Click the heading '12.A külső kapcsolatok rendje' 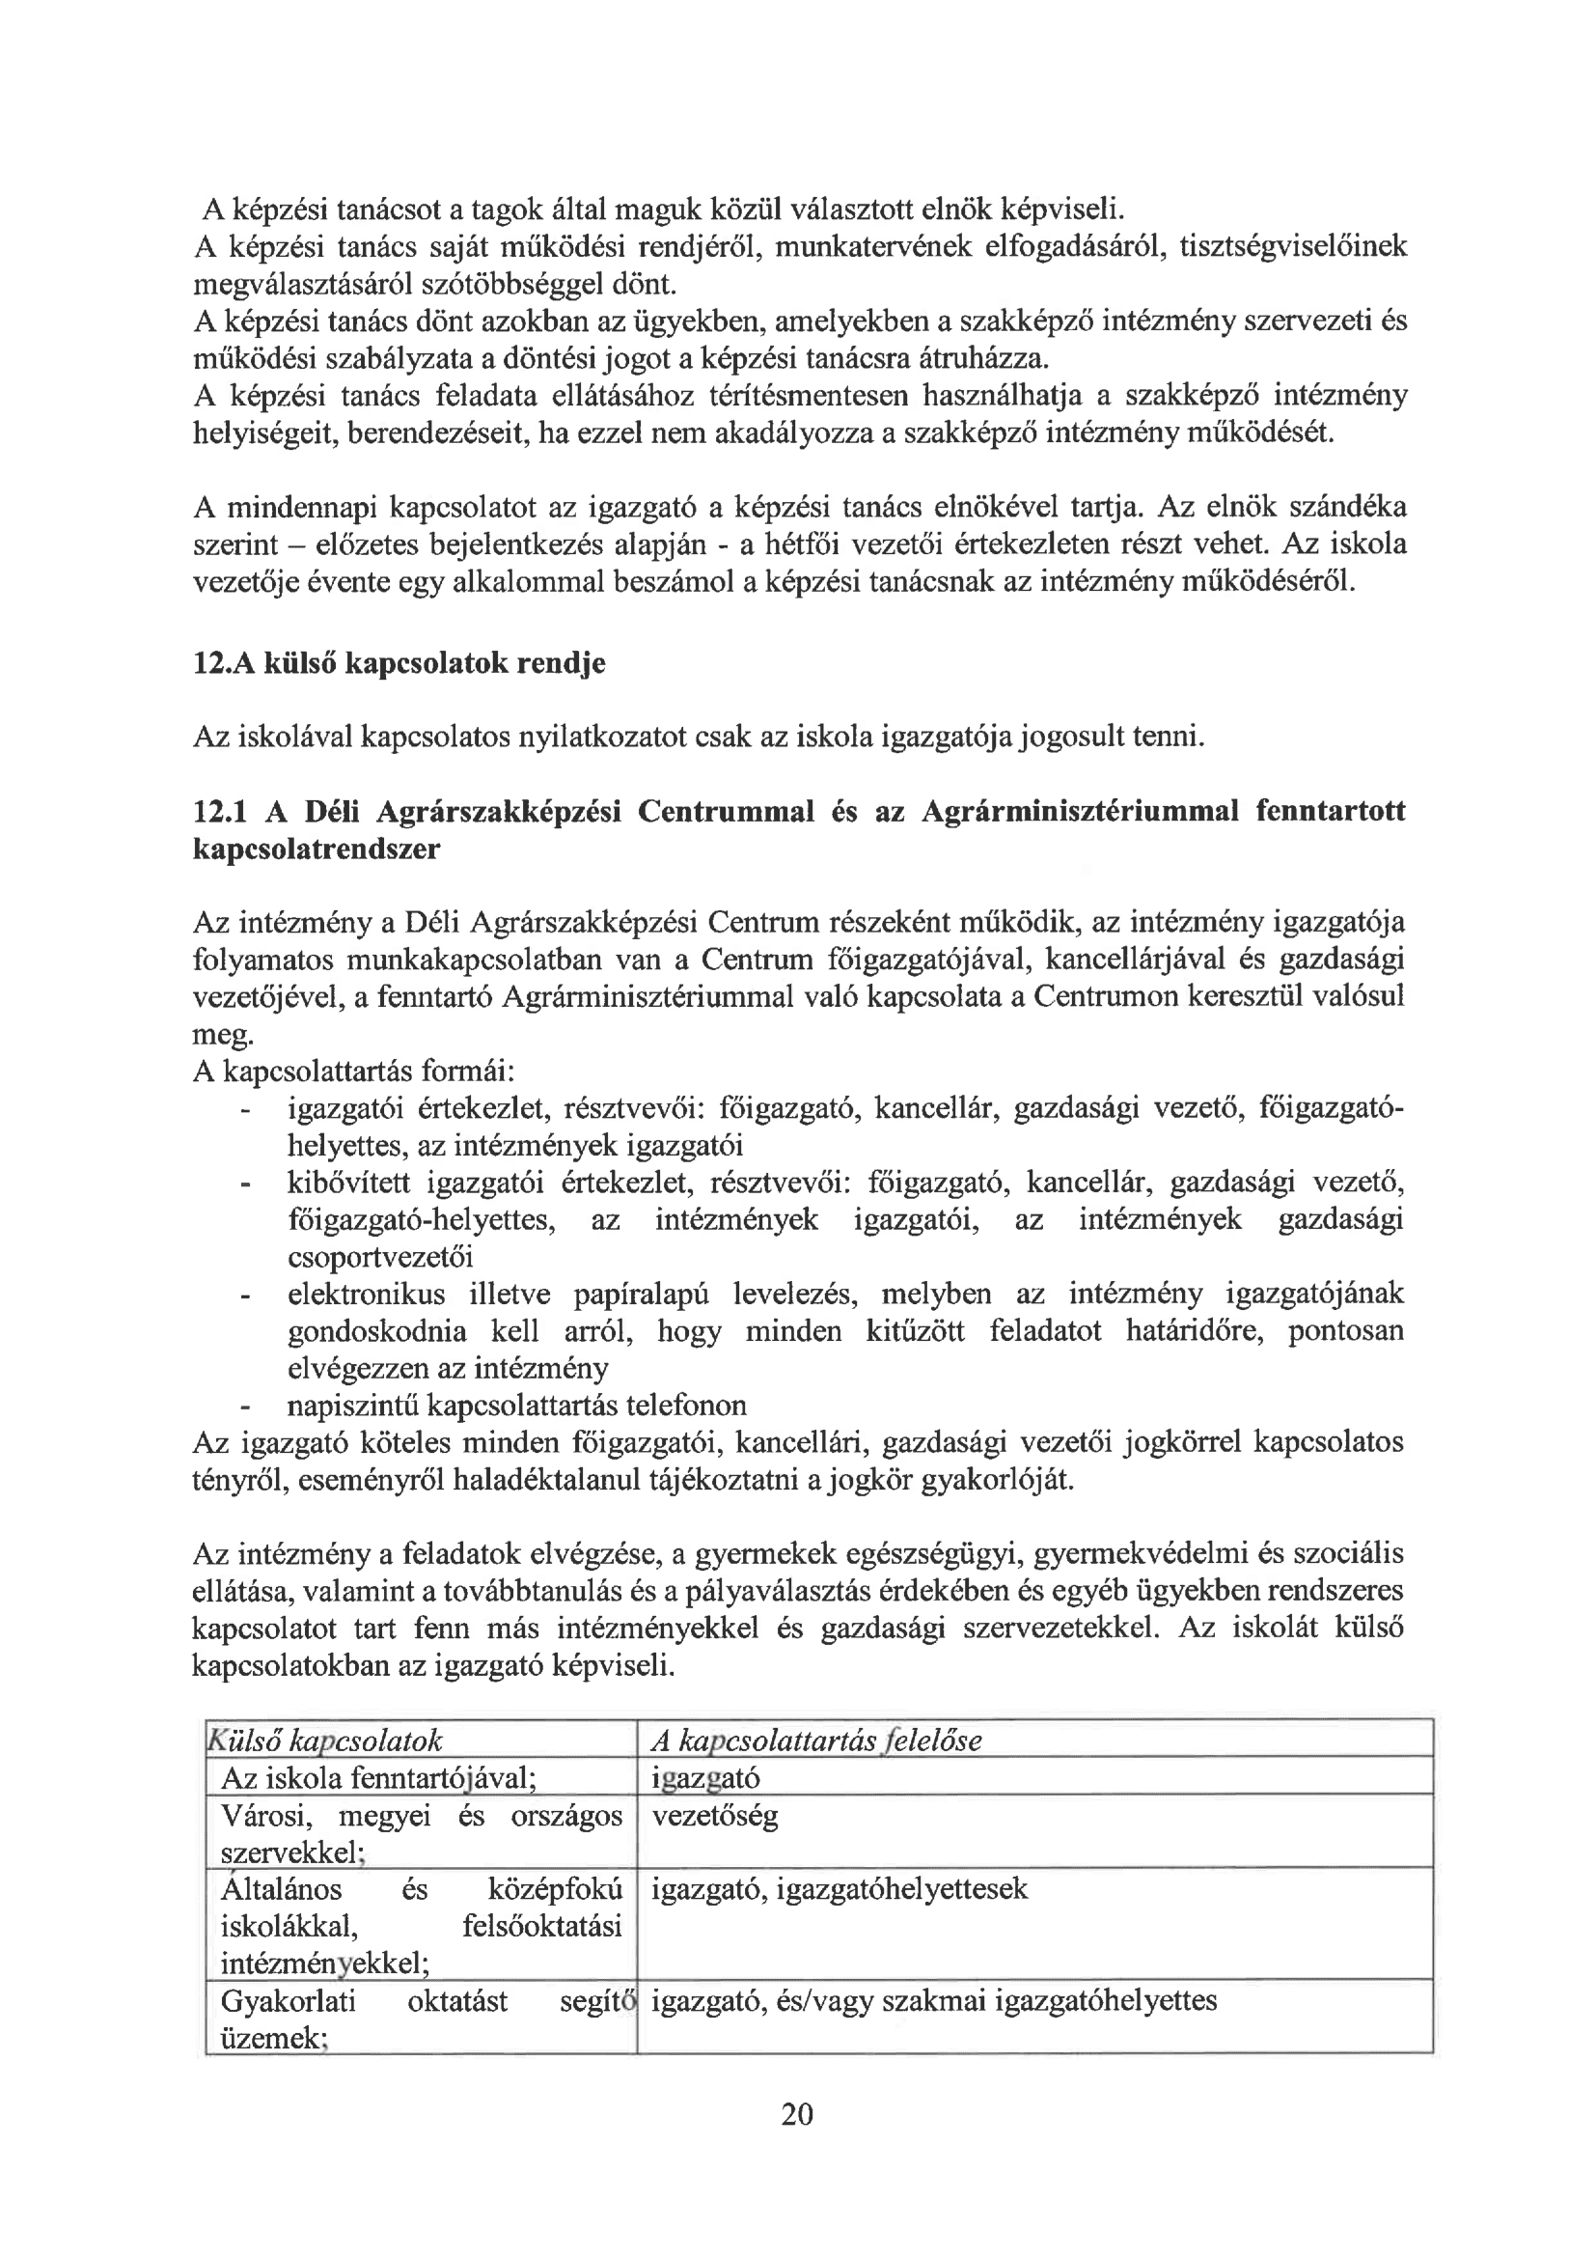(x=399, y=663)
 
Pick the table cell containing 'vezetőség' (x=714, y=1815)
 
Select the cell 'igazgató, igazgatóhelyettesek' (x=839, y=1888)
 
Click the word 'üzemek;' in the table (x=272, y=2038)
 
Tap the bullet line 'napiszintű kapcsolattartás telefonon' (x=516, y=1405)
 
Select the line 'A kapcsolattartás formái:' (x=355, y=1072)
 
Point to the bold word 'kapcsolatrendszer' (x=316, y=850)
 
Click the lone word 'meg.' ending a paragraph (x=222, y=1035)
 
